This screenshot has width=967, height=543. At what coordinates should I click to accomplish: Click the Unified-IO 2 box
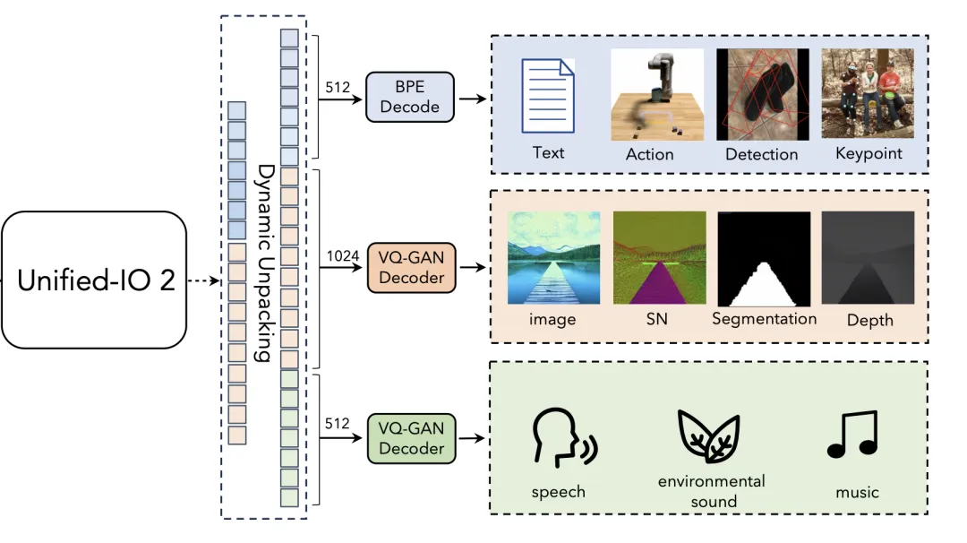tap(94, 280)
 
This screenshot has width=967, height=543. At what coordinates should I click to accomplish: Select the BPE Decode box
tap(410, 97)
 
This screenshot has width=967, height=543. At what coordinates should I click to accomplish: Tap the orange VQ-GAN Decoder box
tap(411, 268)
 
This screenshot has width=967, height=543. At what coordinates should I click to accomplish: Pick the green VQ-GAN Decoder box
tap(411, 439)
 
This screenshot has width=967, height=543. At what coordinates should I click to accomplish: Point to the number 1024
tap(343, 256)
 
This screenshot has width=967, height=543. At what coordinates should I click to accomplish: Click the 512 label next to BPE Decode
tap(338, 88)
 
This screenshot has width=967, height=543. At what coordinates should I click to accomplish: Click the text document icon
tap(548, 96)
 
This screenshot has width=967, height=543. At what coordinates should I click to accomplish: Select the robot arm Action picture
tap(657, 94)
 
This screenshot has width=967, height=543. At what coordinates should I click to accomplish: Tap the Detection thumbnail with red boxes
tap(763, 94)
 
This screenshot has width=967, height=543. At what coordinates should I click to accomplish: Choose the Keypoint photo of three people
tap(868, 93)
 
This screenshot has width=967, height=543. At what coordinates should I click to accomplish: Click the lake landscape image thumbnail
tap(554, 258)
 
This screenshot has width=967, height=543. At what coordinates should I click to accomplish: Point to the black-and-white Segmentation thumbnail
tap(764, 259)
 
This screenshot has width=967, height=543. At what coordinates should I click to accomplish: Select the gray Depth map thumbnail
tap(868, 258)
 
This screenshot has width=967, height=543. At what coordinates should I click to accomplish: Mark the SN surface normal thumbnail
tap(659, 258)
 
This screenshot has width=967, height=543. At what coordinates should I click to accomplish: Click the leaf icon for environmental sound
tap(708, 435)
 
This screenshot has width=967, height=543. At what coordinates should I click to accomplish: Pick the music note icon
tap(852, 435)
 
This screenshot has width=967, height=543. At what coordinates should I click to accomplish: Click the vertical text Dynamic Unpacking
tap(265, 263)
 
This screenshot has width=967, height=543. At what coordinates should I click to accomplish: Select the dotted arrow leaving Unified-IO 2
tap(203, 280)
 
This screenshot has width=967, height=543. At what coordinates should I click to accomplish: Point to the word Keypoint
tap(869, 153)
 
